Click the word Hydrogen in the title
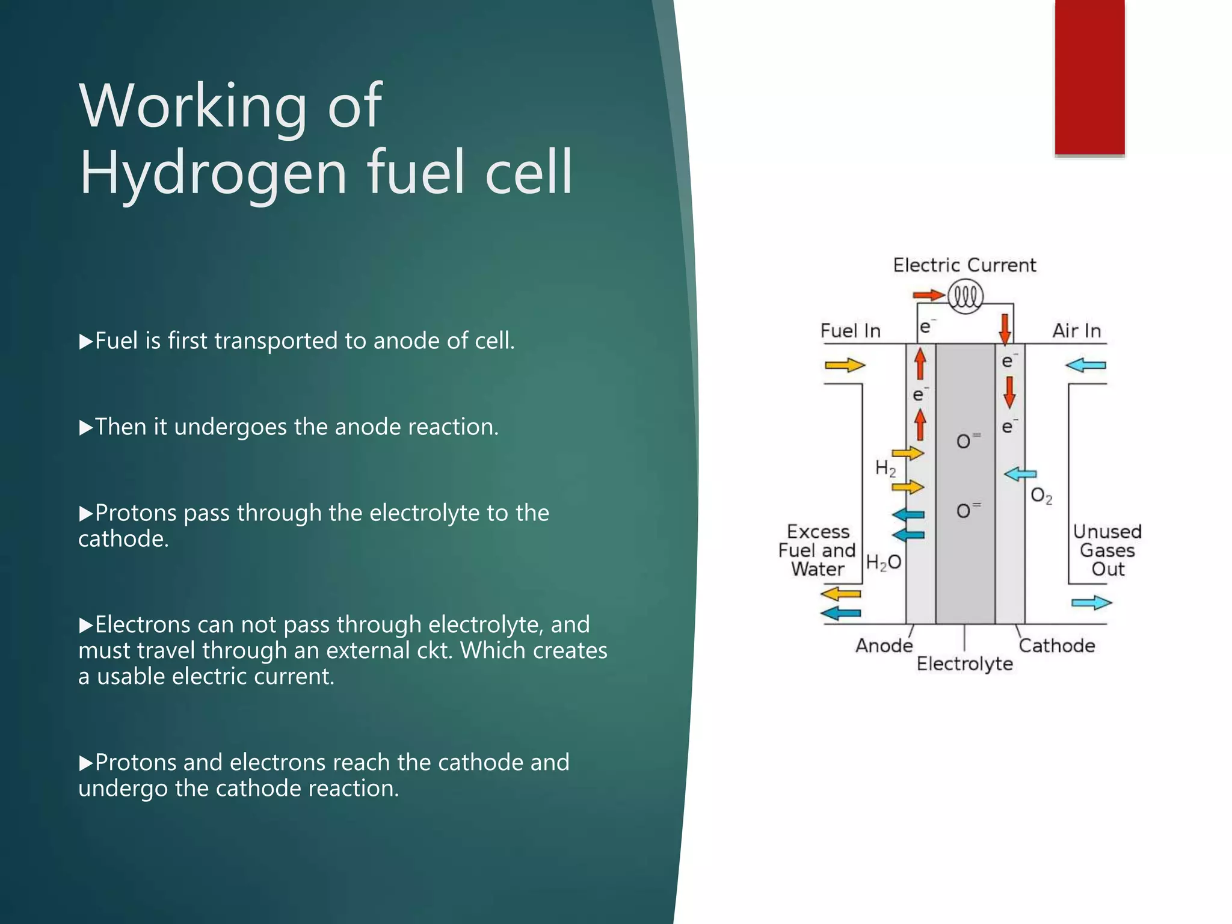pyautogui.click(x=214, y=173)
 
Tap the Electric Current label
pyautogui.click(x=964, y=265)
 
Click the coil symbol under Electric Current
pyautogui.click(x=965, y=297)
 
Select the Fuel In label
pyautogui.click(x=850, y=331)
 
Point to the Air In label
pyautogui.click(x=1076, y=331)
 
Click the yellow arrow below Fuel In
pyautogui.click(x=845, y=365)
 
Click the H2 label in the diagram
pyautogui.click(x=885, y=468)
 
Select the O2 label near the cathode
pyautogui.click(x=1041, y=496)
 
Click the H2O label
pyautogui.click(x=883, y=562)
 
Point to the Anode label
pyautogui.click(x=884, y=645)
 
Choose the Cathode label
pyautogui.click(x=1057, y=645)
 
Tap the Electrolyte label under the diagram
pyautogui.click(x=964, y=664)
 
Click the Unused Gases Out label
pyautogui.click(x=1107, y=550)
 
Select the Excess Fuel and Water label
pyautogui.click(x=817, y=550)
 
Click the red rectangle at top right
pyautogui.click(x=1089, y=77)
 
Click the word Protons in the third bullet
pyautogui.click(x=136, y=513)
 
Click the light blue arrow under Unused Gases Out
pyautogui.click(x=1091, y=603)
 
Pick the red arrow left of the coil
pyautogui.click(x=928, y=295)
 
